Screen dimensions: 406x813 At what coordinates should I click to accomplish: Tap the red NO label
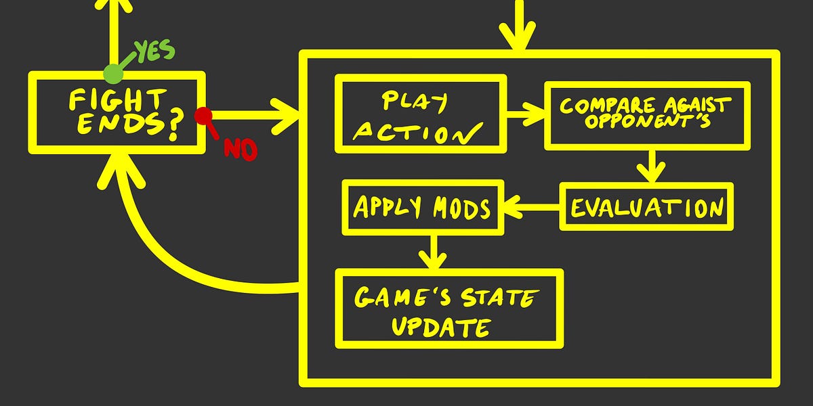tap(241, 149)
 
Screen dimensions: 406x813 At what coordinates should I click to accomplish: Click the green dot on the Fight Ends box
tap(113, 73)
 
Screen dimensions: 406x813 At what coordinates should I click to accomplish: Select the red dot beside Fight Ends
tap(202, 116)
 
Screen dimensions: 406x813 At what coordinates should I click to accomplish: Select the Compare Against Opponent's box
tap(647, 114)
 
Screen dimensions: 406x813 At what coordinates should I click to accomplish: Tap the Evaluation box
tap(646, 206)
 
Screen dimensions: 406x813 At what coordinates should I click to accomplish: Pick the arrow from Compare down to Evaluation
tap(651, 165)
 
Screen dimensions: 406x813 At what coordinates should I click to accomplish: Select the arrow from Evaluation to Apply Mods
tap(533, 206)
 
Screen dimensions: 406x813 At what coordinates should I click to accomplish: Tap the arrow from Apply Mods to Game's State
tap(432, 252)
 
